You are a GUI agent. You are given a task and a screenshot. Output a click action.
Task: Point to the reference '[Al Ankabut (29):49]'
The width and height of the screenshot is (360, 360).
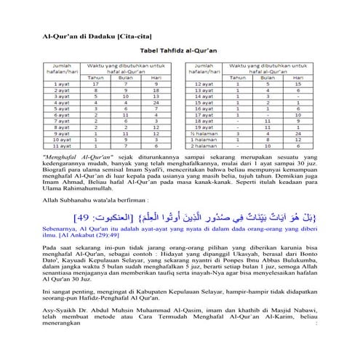tap(92, 237)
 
